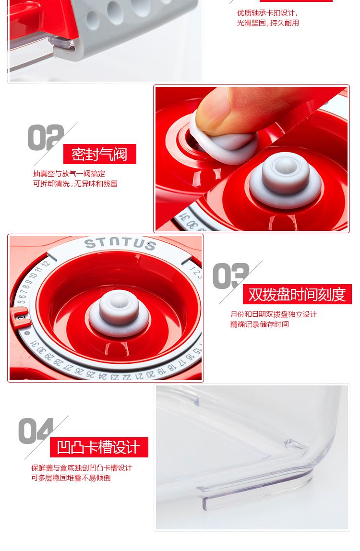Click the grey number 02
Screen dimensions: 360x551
[46, 137]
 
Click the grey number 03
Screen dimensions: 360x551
[231, 276]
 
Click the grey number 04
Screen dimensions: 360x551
[36, 431]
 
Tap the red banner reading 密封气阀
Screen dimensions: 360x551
[99, 154]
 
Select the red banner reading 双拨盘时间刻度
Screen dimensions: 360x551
[297, 294]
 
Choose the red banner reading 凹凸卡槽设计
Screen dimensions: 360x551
[99, 447]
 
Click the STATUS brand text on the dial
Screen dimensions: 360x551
[120, 243]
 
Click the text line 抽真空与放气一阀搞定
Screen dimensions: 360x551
[69, 174]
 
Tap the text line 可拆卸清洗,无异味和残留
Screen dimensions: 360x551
[75, 183]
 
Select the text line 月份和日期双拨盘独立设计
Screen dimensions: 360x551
[274, 314]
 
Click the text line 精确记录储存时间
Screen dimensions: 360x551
[260, 324]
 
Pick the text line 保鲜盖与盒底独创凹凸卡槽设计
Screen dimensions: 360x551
[82, 467]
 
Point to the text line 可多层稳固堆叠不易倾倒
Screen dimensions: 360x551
[71, 478]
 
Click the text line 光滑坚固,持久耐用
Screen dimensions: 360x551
[268, 23]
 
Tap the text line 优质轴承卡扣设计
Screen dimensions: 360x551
[267, 13]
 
